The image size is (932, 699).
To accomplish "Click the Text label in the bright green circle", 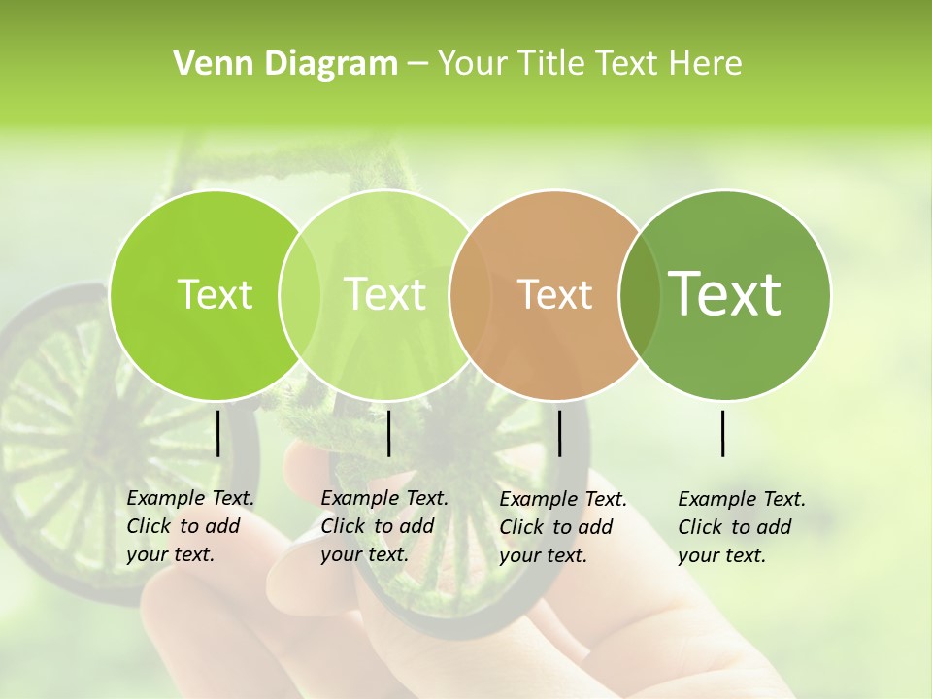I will tap(215, 294).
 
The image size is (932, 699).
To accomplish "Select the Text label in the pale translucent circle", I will tap(384, 294).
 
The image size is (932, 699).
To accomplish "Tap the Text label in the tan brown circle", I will tap(554, 294).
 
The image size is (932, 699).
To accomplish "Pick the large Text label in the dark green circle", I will tap(725, 293).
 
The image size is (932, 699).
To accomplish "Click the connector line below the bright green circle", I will tap(217, 433).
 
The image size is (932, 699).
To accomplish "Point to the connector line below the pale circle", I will tap(388, 433).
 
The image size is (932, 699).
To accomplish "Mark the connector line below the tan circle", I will tap(559, 433).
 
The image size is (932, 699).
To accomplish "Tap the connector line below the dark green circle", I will tap(722, 433).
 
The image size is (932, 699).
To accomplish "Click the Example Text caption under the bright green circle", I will tap(190, 526).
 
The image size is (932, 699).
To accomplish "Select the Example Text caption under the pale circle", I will tap(384, 526).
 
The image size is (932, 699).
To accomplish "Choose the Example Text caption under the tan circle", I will tap(563, 527).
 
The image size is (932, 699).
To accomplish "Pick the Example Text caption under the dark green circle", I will tap(742, 527).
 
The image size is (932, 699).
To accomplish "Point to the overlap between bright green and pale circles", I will tap(299, 295).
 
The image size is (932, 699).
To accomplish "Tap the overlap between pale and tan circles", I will tap(469, 295).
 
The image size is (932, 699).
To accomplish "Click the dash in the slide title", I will tap(417, 64).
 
